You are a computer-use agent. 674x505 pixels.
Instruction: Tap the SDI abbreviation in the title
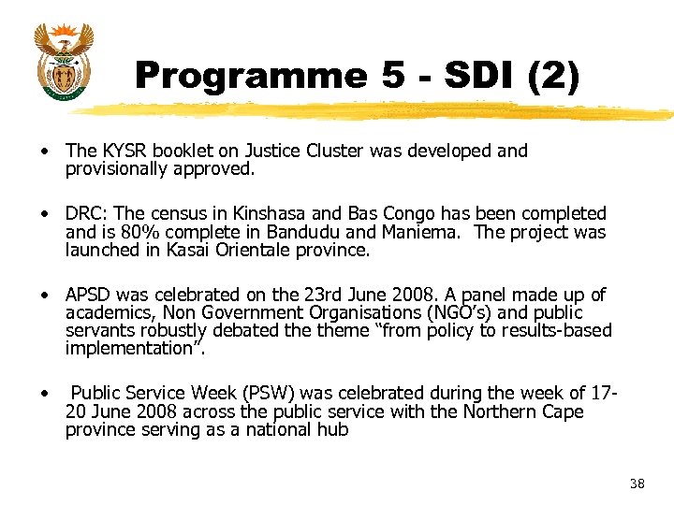click(468, 75)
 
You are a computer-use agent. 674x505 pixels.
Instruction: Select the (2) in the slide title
click(553, 75)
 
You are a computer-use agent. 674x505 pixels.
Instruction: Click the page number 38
click(637, 483)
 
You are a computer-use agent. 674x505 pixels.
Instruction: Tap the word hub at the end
click(333, 429)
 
